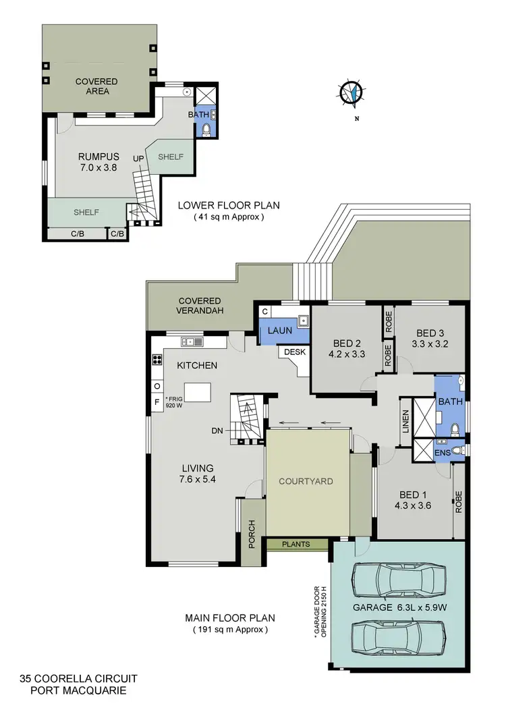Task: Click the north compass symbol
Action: (352, 93)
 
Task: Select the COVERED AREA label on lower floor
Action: (96, 86)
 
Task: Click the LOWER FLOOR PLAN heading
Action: (228, 206)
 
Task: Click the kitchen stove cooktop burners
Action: (157, 360)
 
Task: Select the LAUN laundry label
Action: (279, 331)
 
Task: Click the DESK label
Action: (294, 352)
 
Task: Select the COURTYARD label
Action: (306, 481)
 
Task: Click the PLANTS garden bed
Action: (297, 544)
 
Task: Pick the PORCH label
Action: (252, 533)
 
